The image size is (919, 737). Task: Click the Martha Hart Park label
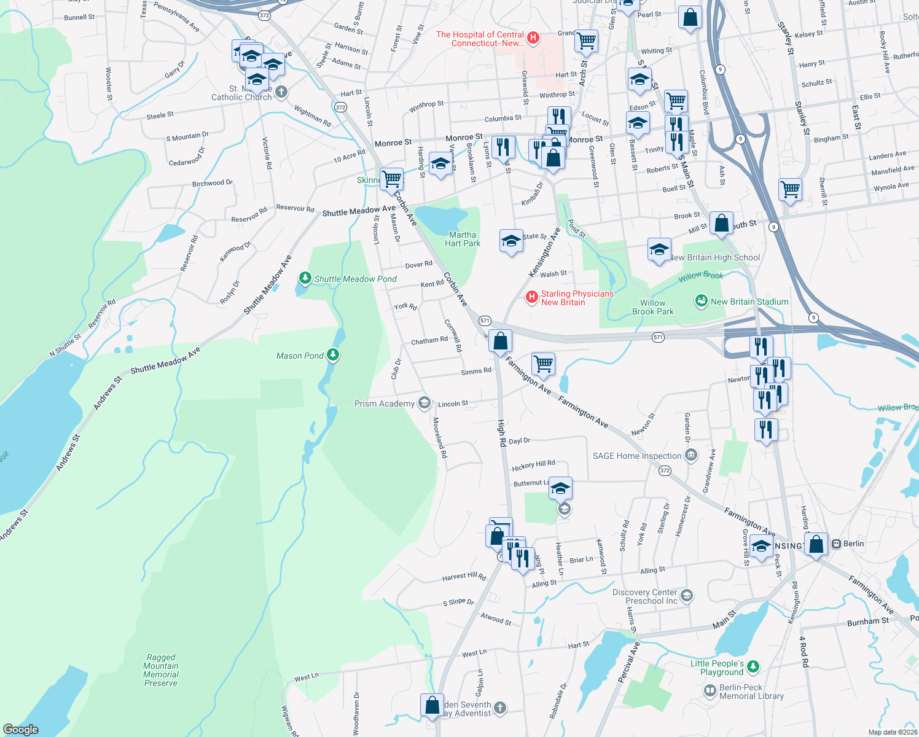point(463,239)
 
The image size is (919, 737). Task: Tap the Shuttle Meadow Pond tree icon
point(305,279)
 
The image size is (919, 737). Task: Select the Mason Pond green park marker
point(333,354)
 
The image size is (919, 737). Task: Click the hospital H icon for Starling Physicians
point(532,298)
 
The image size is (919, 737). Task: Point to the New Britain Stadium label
point(749,302)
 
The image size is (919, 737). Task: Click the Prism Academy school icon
point(424,403)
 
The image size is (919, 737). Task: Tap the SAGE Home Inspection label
point(637,456)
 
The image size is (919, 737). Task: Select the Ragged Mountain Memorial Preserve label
point(161,670)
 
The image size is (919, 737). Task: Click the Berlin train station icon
point(835,544)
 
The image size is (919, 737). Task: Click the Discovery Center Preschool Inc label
point(644,596)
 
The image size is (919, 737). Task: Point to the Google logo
point(20,729)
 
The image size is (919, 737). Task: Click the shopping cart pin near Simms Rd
point(543,364)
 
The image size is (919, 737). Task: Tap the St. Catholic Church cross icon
point(281,93)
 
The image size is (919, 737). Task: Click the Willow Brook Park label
point(652,307)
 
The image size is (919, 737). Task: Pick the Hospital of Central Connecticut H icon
point(533,39)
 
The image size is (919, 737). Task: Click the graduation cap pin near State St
point(511,241)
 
